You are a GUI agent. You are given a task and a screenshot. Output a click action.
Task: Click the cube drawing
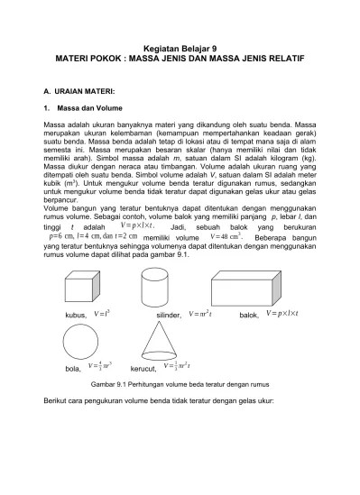[x=79, y=288]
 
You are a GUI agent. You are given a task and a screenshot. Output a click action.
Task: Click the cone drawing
[x=160, y=343]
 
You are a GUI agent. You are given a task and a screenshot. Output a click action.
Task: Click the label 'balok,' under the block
[x=249, y=316]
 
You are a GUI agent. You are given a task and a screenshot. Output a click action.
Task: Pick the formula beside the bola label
[x=98, y=368]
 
